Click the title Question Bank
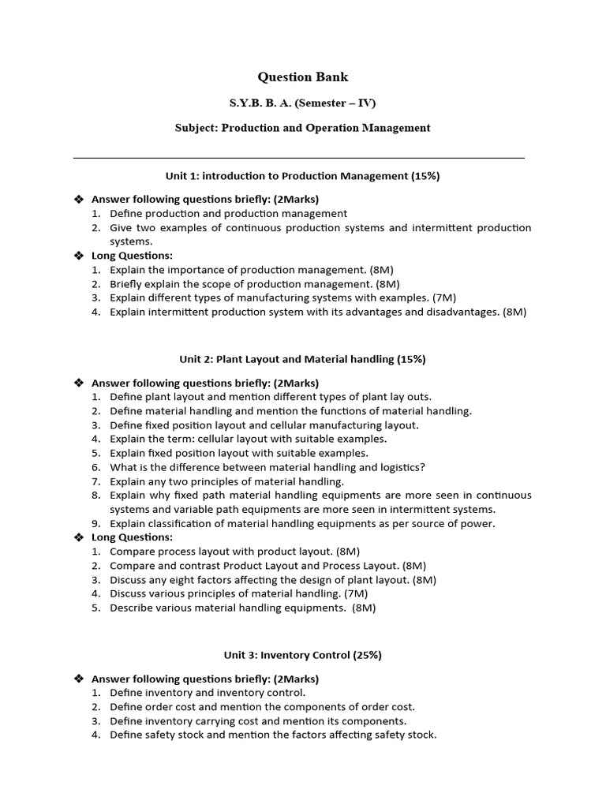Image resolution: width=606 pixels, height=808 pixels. click(303, 77)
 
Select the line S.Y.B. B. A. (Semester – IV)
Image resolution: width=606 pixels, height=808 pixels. click(303, 103)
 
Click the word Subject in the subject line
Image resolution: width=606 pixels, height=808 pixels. click(194, 128)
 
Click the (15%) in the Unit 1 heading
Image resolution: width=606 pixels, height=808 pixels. click(425, 176)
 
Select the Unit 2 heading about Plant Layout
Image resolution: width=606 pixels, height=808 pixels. click(302, 359)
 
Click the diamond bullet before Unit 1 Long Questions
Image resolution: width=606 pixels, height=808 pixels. click(78, 256)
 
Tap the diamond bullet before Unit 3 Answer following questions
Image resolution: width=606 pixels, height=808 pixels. click(78, 679)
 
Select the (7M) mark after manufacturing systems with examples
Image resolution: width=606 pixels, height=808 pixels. click(440, 297)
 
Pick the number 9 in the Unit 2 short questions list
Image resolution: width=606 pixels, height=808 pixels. click(95, 523)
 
